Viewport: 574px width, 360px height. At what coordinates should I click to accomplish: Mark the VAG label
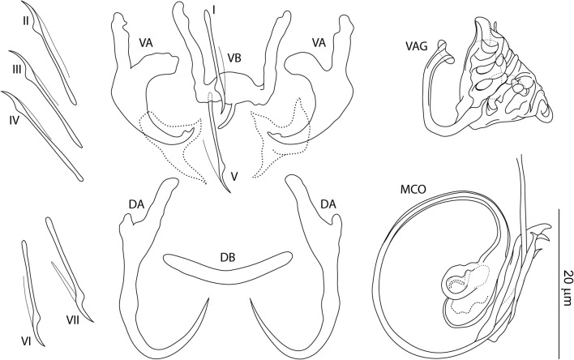click(419, 45)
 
